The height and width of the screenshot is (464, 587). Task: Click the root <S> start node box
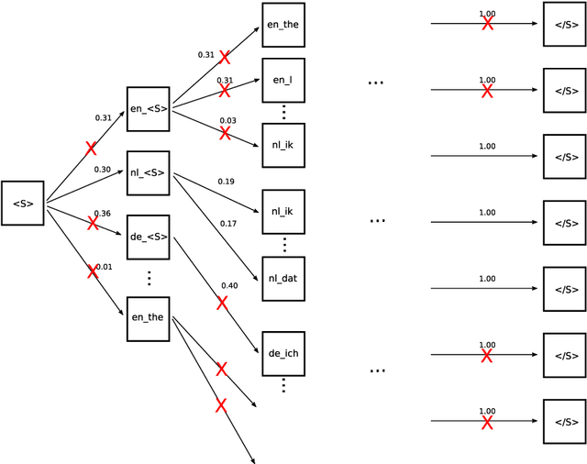pyautogui.click(x=23, y=203)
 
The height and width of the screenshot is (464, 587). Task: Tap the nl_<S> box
pyautogui.click(x=148, y=173)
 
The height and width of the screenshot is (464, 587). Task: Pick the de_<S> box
pyautogui.click(x=148, y=237)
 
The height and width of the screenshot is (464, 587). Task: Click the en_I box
pyautogui.click(x=283, y=80)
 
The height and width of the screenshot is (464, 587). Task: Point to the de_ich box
pyautogui.click(x=283, y=352)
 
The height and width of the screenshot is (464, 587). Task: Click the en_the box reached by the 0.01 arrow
pyautogui.click(x=148, y=318)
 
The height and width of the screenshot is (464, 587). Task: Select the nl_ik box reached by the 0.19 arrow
pyautogui.click(x=283, y=212)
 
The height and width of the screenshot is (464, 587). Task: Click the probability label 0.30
pyautogui.click(x=102, y=169)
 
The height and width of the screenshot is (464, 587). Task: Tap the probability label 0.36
pyautogui.click(x=102, y=214)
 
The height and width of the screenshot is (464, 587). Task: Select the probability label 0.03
pyautogui.click(x=228, y=121)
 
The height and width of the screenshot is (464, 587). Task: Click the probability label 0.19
pyautogui.click(x=227, y=182)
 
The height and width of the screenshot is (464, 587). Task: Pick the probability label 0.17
pyautogui.click(x=228, y=223)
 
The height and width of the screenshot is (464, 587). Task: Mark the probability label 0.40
pyautogui.click(x=229, y=285)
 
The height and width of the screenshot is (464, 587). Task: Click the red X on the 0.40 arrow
pyautogui.click(x=221, y=303)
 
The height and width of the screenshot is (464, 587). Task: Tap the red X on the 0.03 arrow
pyautogui.click(x=225, y=133)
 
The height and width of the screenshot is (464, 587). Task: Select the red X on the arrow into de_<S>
pyautogui.click(x=92, y=223)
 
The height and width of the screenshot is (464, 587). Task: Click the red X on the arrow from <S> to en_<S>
pyautogui.click(x=91, y=148)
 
